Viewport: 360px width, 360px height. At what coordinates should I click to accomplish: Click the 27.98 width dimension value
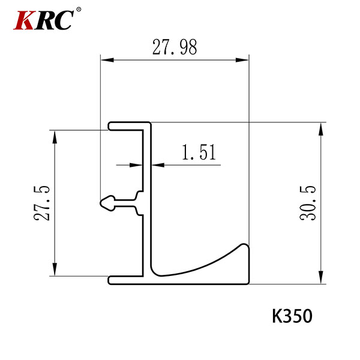point(175,47)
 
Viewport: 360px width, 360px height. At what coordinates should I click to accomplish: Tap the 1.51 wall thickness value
point(199,152)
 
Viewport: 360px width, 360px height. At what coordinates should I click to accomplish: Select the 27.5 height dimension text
point(42,203)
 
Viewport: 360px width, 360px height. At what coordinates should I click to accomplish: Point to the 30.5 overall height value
point(308,203)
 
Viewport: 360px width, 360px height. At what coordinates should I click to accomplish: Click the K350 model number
point(292,316)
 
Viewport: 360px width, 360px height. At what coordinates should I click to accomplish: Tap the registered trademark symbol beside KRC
point(79,10)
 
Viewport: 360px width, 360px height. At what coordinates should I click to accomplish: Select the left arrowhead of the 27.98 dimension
point(107,60)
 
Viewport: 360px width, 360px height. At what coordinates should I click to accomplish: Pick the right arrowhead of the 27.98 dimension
point(242,60)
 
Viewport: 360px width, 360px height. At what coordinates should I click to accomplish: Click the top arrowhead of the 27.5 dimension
point(55,137)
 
